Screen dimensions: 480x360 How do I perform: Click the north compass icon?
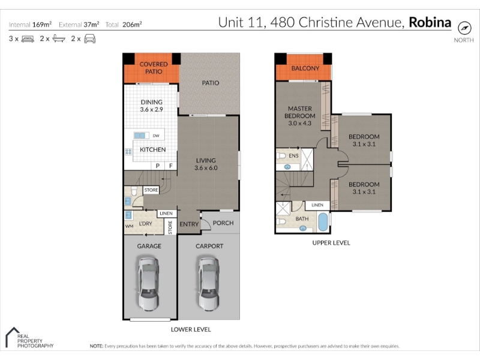click(x=464, y=28)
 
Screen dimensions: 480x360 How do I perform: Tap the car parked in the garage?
click(x=148, y=284)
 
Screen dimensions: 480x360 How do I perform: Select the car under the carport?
click(x=209, y=284)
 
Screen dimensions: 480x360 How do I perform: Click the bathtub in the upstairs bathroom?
click(x=323, y=221)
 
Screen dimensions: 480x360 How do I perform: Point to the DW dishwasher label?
click(x=156, y=136)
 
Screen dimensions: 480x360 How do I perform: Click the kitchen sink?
click(x=140, y=136)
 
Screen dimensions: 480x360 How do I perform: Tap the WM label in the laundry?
click(x=129, y=226)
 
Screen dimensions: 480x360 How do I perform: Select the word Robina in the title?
click(x=430, y=22)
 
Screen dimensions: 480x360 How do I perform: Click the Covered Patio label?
click(x=154, y=68)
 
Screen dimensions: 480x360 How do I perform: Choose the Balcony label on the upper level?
click(x=305, y=68)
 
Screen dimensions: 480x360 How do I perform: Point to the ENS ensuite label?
click(x=293, y=156)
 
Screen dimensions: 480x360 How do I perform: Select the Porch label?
click(x=223, y=223)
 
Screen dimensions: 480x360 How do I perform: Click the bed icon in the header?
click(x=28, y=39)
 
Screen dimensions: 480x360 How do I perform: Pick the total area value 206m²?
click(x=132, y=25)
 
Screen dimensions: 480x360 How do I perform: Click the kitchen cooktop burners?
click(x=128, y=151)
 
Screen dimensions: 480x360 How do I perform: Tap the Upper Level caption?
click(x=331, y=243)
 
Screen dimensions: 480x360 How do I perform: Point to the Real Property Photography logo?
click(x=29, y=338)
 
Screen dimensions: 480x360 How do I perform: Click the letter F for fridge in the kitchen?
click(x=171, y=166)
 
